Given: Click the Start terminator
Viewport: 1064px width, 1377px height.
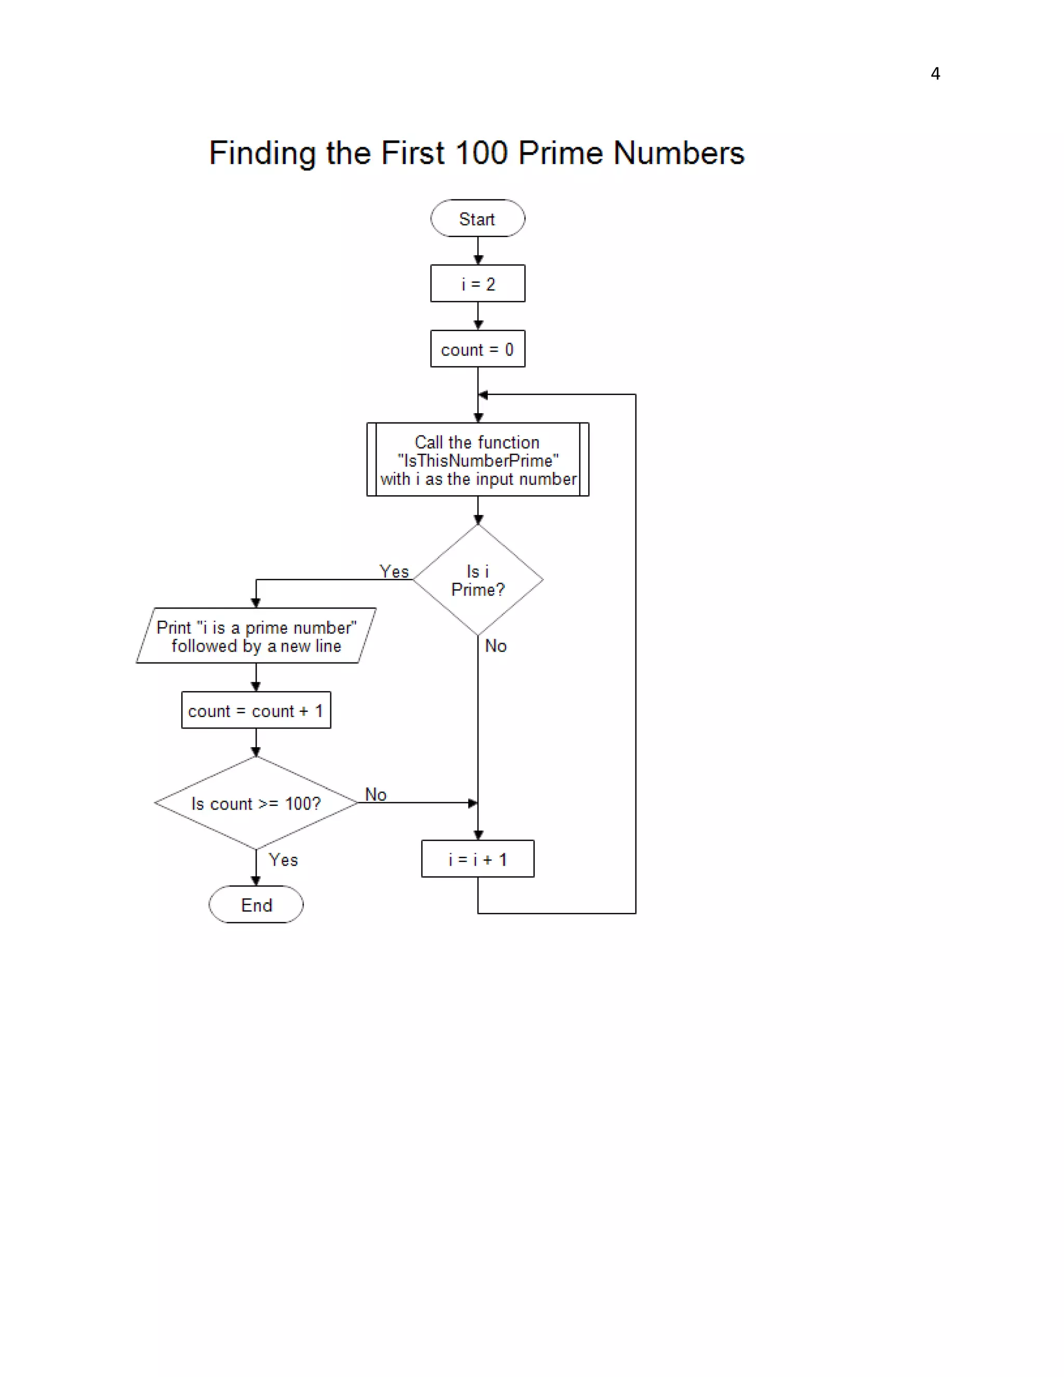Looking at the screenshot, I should [477, 218].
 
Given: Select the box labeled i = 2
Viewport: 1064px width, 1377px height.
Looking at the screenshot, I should [477, 283].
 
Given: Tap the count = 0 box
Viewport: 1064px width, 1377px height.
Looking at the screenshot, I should [477, 349].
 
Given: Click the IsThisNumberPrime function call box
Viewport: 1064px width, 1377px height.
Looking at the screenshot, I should [477, 460].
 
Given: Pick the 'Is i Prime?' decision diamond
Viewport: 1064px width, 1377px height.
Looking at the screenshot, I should [477, 580].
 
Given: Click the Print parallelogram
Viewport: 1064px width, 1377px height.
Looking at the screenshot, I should [256, 635].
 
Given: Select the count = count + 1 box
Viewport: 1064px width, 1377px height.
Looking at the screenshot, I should [256, 710].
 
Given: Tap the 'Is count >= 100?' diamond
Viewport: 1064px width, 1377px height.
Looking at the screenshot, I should [256, 803].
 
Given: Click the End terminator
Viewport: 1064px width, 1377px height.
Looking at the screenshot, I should [256, 905].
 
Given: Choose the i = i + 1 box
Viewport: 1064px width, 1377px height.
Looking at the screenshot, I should [477, 859].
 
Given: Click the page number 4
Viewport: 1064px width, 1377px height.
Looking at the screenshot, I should [935, 74].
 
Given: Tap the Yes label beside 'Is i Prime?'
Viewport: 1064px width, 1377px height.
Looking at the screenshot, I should [394, 571].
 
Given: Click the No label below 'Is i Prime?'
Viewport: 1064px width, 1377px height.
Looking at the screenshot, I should [496, 645].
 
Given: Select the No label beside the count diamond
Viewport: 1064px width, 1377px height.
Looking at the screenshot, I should [376, 795].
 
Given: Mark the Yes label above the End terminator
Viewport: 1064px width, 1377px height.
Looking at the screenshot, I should [283, 859].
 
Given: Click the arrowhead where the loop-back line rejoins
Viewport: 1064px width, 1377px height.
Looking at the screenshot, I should [483, 395].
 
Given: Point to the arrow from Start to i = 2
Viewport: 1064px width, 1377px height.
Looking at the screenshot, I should [478, 251].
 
